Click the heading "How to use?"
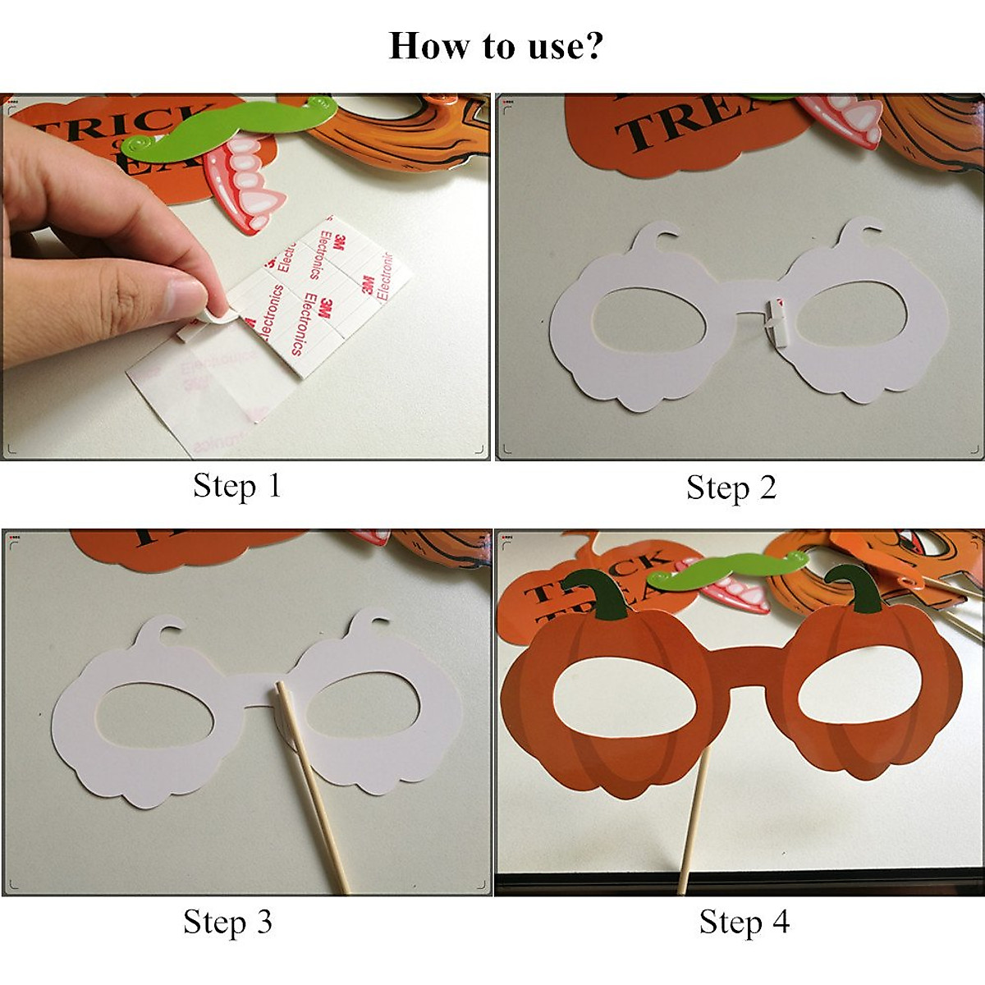coord(495,46)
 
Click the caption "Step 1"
coord(237,485)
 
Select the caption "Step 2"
coord(731,488)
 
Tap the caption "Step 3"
coord(227,921)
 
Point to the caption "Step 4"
coord(744,921)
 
